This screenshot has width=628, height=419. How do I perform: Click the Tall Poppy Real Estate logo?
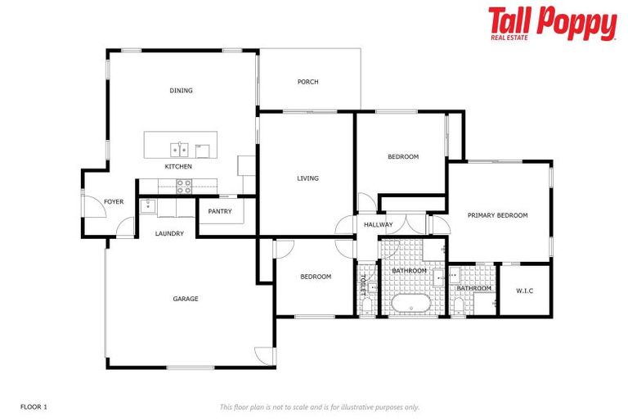tap(552, 24)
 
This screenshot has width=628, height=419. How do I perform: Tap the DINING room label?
tap(181, 91)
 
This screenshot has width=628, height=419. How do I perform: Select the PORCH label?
tap(307, 82)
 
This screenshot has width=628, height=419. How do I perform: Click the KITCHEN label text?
tap(178, 167)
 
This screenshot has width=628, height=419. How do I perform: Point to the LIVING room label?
tap(307, 178)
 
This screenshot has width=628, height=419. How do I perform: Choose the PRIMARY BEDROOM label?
tap(497, 216)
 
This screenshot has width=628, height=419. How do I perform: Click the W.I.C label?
tap(524, 291)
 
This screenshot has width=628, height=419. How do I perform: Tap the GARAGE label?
tap(186, 300)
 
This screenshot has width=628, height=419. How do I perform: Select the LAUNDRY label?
tap(169, 234)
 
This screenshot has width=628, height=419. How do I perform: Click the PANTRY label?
tap(220, 212)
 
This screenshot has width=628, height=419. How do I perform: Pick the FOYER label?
tap(114, 202)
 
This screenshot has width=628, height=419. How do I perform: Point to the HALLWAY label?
tap(379, 225)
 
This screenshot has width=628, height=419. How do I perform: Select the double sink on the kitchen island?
tap(179, 149)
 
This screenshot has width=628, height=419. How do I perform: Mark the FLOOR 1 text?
tap(34, 407)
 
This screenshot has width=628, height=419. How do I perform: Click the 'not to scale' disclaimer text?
tap(319, 407)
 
